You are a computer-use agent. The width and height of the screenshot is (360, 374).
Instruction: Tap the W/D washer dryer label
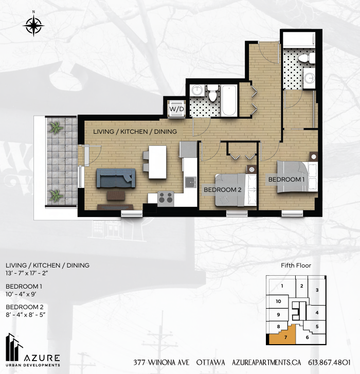click(x=177, y=109)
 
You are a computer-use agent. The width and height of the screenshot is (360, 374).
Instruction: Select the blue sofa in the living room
click(x=116, y=178)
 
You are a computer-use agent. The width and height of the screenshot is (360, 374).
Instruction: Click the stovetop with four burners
click(x=166, y=198)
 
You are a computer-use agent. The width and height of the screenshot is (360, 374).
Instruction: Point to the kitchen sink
click(x=190, y=182)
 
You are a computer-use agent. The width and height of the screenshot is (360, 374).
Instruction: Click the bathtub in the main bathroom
click(x=229, y=100)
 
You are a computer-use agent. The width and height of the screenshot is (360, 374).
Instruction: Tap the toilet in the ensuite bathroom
click(x=307, y=58)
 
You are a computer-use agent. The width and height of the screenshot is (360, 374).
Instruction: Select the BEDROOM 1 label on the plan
click(x=286, y=180)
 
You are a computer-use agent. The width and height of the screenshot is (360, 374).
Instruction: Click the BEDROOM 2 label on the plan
click(x=223, y=190)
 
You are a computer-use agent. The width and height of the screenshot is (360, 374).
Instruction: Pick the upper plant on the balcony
click(x=56, y=128)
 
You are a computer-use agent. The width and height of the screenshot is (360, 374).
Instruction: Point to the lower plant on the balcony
click(x=56, y=195)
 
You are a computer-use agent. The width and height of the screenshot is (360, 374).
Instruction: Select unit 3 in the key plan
click(x=317, y=290)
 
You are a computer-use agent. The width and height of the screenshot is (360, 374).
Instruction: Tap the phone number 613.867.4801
click(x=329, y=363)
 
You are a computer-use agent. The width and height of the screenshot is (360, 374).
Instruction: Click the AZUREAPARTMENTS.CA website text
click(x=266, y=363)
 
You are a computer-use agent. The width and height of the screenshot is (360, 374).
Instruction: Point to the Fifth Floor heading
click(x=296, y=265)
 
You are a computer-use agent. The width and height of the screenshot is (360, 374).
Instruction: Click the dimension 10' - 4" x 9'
click(x=21, y=294)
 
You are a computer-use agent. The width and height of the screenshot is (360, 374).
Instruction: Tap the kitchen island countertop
click(x=157, y=162)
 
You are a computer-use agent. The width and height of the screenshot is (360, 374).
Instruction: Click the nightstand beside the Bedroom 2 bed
click(x=251, y=170)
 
